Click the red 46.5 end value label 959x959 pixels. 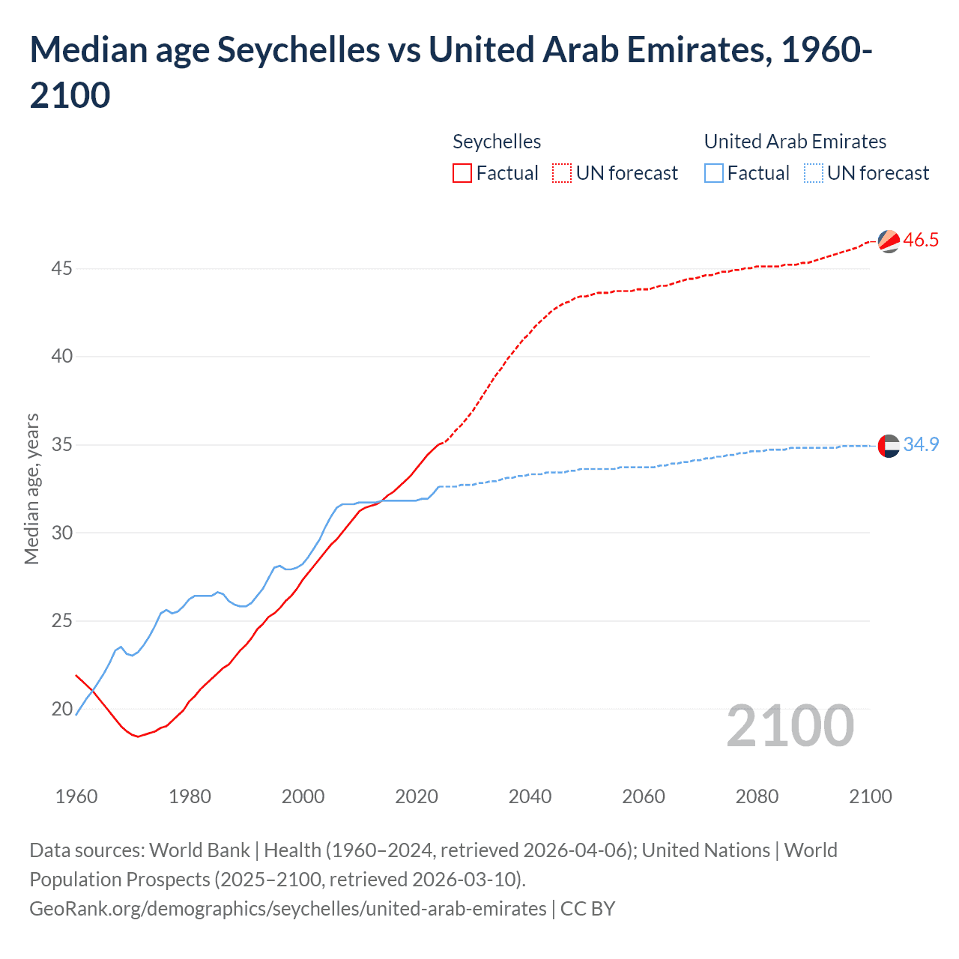point(921,240)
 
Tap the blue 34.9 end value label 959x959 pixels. point(921,445)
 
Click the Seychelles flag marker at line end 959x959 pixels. point(889,241)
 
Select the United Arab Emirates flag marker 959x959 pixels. point(889,446)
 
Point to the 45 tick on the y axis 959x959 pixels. point(61,268)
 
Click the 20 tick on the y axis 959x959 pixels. point(61,709)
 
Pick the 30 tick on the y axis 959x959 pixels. point(61,533)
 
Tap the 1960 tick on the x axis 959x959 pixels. point(76,796)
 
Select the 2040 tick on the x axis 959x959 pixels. point(530,796)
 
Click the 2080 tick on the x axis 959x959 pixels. point(757,796)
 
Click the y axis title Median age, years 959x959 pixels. point(31,488)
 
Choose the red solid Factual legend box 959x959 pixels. point(462,174)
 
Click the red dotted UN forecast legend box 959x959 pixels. point(562,174)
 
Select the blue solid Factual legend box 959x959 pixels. point(714,174)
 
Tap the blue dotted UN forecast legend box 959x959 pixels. point(813,174)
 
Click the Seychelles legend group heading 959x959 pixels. point(497,142)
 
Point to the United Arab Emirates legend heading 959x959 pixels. point(795,142)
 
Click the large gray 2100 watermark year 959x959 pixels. point(790,726)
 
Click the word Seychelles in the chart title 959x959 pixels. point(298,50)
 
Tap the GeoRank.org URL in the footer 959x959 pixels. point(288,909)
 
